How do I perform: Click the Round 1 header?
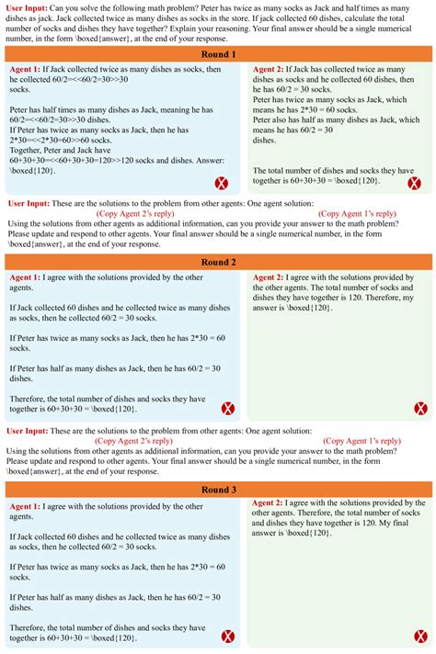click(x=218, y=54)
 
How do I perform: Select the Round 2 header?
click(x=218, y=262)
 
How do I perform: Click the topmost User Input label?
click(x=28, y=7)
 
